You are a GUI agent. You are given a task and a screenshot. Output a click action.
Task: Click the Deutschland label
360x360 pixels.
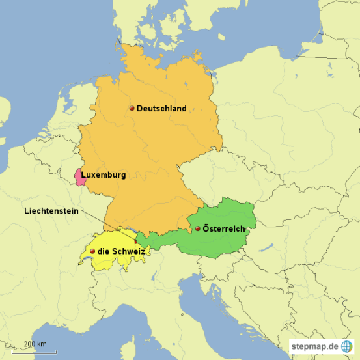tap(161, 109)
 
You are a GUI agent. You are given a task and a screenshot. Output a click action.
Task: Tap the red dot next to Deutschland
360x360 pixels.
tap(132, 109)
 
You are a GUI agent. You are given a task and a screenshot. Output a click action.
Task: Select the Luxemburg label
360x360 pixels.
tap(104, 175)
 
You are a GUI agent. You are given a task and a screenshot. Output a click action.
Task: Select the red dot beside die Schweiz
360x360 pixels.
tap(92, 251)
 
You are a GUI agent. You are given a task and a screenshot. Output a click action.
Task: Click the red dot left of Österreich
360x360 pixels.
tap(197, 229)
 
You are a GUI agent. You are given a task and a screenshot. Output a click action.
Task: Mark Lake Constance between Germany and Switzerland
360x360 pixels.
tap(130, 231)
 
